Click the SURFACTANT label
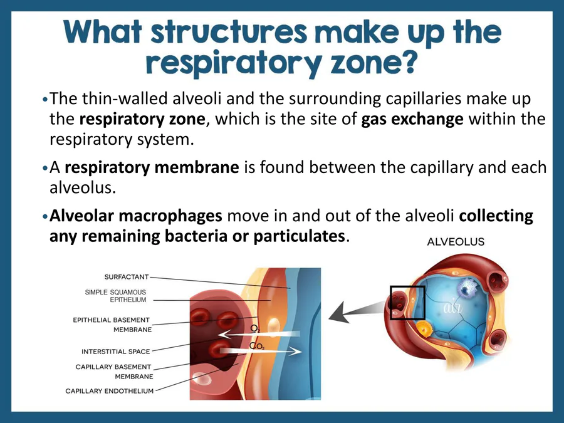pyautogui.click(x=127, y=276)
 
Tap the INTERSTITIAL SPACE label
pyautogui.click(x=116, y=352)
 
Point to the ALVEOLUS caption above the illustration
pyautogui.click(x=456, y=242)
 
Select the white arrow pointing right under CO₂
pyautogui.click(x=269, y=352)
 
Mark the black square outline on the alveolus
pyautogui.click(x=407, y=303)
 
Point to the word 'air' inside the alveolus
pyautogui.click(x=452, y=308)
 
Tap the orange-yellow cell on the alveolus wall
pyautogui.click(x=425, y=328)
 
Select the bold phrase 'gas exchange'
pyautogui.click(x=412, y=119)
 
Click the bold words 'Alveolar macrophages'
pyautogui.click(x=136, y=216)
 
